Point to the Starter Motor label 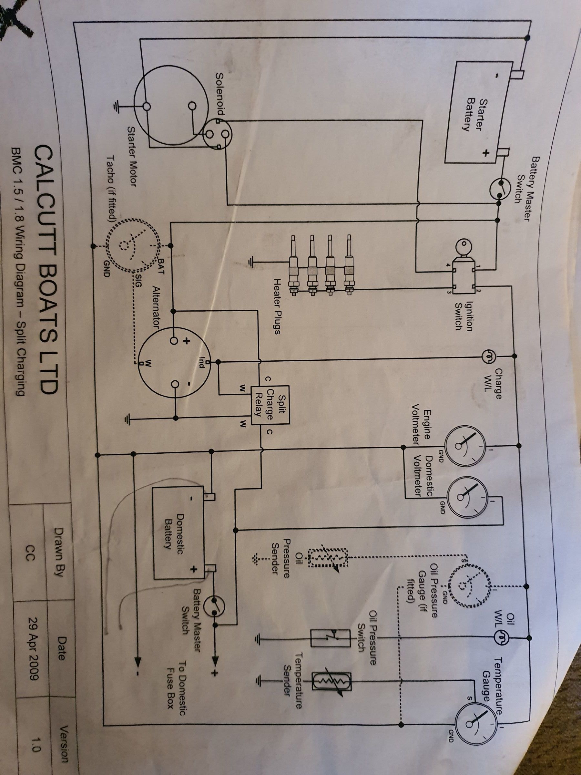[x=131, y=156]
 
